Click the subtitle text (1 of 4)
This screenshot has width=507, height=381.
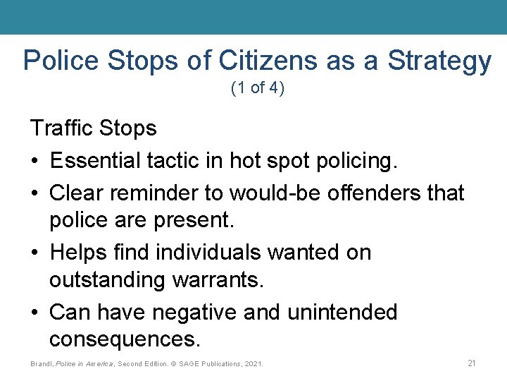(257, 90)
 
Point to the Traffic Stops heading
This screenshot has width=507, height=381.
(93, 128)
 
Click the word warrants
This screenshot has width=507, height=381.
(216, 281)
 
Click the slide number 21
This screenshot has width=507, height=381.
(472, 363)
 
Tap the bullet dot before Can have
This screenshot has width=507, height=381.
(35, 313)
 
